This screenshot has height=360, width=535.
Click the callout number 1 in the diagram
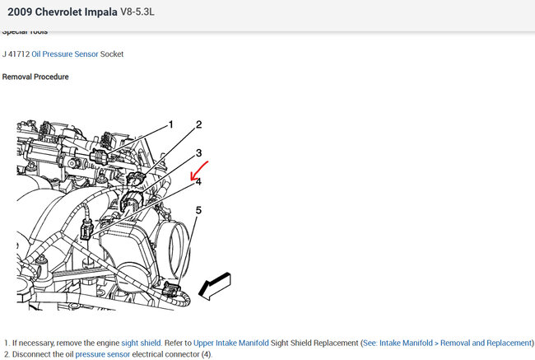[x=170, y=124]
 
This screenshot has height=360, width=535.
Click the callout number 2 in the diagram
[x=198, y=125]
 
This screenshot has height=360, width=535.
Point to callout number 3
[x=198, y=153]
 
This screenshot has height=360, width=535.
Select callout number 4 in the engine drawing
[x=198, y=181]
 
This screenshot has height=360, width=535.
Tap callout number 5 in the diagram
[x=198, y=210]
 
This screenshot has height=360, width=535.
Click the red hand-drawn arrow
[x=200, y=171]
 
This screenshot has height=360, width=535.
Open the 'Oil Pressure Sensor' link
[x=65, y=54]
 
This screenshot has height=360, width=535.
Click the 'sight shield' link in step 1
[x=140, y=342]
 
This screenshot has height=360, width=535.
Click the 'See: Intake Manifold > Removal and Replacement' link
[x=443, y=342]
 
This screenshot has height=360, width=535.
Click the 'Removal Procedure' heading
[x=35, y=77]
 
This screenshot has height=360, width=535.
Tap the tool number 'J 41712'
[x=16, y=54]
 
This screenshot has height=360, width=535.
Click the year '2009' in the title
[x=22, y=12]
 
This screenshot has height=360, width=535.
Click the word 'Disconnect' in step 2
[x=35, y=355]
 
